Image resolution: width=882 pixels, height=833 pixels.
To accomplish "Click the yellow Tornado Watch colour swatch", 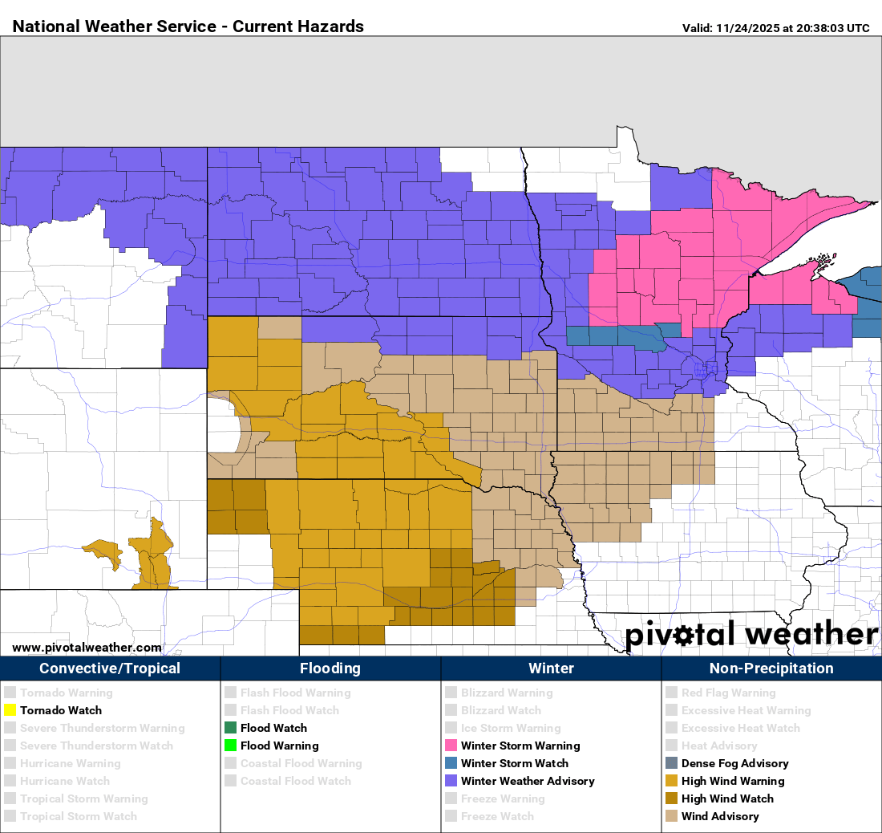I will click(10, 710).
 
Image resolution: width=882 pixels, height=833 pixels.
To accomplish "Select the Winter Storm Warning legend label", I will click(520, 746).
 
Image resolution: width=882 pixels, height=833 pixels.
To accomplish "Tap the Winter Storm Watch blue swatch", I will click(451, 763).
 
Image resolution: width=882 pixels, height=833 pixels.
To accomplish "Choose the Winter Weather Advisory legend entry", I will click(528, 781).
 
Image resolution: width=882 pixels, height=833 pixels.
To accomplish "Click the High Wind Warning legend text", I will click(732, 781).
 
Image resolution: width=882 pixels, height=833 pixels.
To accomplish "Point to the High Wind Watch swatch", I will click(671, 798).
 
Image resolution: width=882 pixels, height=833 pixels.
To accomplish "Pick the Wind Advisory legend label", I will click(719, 816).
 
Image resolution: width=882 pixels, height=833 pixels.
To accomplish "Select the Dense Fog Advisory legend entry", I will click(734, 763).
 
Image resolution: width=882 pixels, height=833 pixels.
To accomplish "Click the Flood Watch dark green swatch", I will click(230, 728).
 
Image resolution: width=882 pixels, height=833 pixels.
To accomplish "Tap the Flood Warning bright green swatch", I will click(230, 746).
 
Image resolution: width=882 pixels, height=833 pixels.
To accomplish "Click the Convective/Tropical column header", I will click(110, 668).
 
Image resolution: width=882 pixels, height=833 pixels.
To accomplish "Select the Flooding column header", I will click(330, 668).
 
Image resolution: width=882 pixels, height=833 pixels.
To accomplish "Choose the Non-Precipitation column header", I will click(771, 668).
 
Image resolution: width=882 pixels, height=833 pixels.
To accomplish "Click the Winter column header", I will click(551, 668).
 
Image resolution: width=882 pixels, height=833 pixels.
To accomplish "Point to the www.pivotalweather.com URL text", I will click(87, 647).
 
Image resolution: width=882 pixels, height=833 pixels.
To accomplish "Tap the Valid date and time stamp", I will click(775, 28).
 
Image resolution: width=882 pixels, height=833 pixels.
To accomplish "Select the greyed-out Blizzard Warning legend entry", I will click(506, 693).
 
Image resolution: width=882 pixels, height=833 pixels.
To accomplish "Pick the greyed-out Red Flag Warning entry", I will click(728, 693).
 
